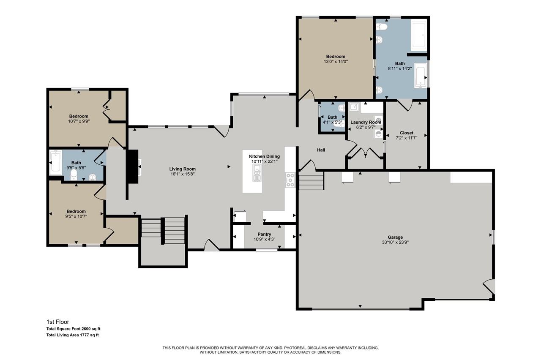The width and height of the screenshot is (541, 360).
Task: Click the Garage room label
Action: click(x=395, y=237)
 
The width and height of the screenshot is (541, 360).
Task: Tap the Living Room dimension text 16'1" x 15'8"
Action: click(x=183, y=174)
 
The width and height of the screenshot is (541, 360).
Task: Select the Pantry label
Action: click(x=264, y=234)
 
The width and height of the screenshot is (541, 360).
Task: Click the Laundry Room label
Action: click(x=366, y=122)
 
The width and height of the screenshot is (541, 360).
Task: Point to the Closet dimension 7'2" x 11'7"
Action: click(x=406, y=138)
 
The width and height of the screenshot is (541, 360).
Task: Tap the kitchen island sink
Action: click(x=257, y=173)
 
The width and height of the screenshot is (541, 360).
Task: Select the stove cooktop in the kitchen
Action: click(x=290, y=180)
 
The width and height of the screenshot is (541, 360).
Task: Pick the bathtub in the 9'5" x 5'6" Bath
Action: click(x=55, y=163)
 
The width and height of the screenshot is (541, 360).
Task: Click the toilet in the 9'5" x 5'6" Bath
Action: click(x=74, y=174)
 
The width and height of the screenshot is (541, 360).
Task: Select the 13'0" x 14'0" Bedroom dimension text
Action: click(x=335, y=61)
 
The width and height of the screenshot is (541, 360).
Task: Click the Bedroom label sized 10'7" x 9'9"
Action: click(x=79, y=116)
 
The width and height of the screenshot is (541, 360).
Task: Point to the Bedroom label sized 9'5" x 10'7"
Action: click(x=76, y=211)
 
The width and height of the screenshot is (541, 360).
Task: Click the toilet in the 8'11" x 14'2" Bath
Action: click(x=382, y=27)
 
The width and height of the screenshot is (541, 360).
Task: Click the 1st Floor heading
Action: click(x=57, y=322)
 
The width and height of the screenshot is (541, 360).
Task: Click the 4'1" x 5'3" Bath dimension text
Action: click(x=332, y=123)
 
